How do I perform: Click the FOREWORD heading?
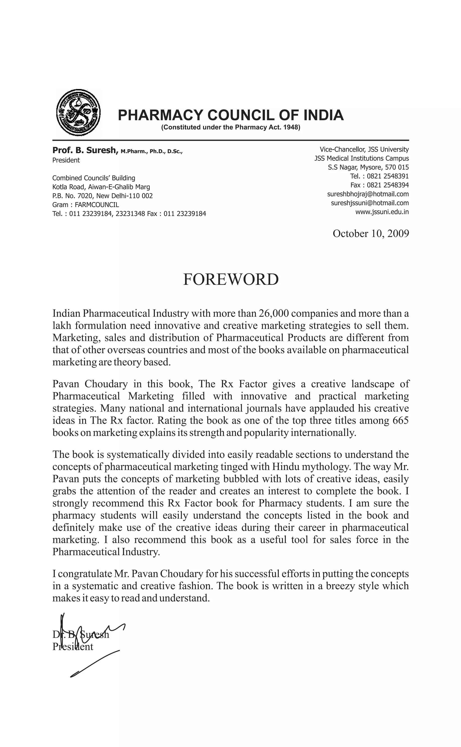[x=230, y=279]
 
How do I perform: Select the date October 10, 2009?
[x=371, y=233]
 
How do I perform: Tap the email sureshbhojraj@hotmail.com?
[x=368, y=194]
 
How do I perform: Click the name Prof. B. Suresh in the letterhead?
[x=85, y=150]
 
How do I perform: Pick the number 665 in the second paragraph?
[x=400, y=421]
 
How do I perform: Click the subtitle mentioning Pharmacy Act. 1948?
[x=230, y=128]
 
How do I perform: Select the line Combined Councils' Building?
[x=94, y=178]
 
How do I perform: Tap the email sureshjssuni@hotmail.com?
[x=370, y=203]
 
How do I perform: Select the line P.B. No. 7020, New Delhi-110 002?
[x=102, y=196]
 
